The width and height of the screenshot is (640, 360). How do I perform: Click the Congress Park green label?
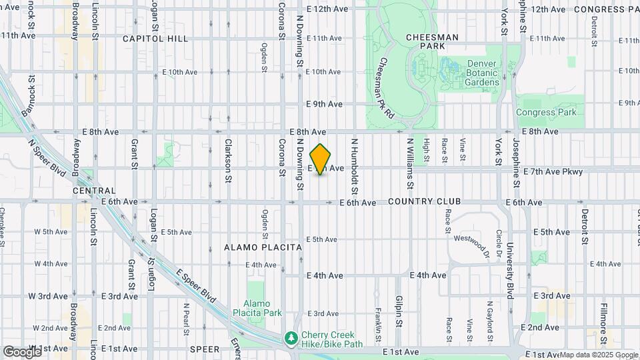545,112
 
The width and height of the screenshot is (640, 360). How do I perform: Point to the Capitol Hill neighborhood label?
155,39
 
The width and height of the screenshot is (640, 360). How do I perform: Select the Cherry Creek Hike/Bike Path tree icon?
291,339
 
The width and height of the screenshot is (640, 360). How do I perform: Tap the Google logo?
22,351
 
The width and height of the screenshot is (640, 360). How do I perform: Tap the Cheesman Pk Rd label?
386,87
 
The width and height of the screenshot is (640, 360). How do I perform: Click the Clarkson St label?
228,161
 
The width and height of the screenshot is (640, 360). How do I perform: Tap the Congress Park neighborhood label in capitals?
606,9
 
